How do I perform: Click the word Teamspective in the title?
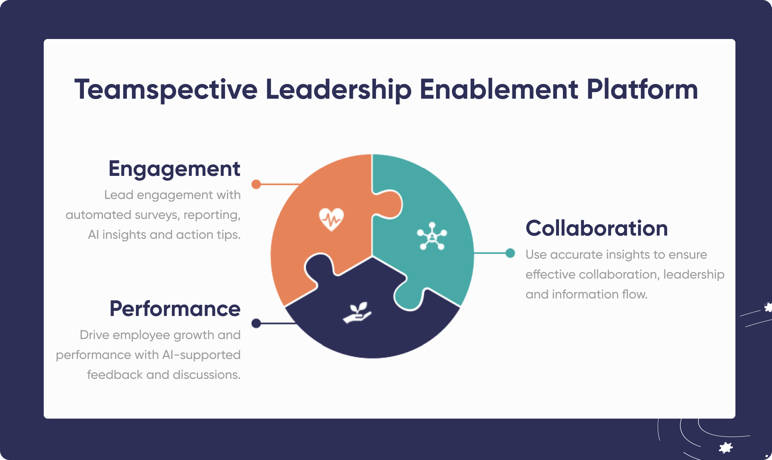point(166,90)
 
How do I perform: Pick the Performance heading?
point(175,309)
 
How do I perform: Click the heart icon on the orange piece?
point(331,219)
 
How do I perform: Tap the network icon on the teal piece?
point(432,236)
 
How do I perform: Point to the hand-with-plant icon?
point(357,313)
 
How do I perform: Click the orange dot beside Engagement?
point(256,184)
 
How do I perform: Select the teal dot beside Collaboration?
point(510,253)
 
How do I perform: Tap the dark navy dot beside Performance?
point(256,323)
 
